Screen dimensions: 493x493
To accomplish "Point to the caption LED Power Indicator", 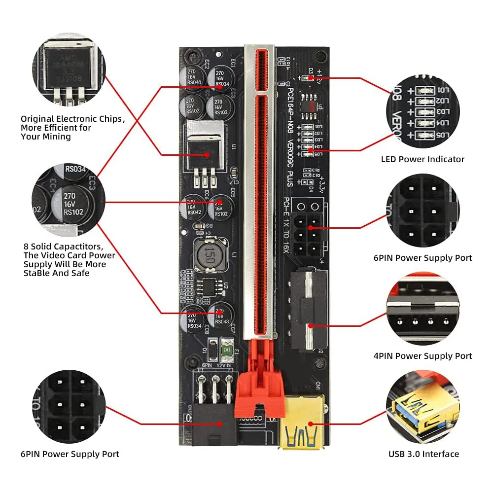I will click(423, 159).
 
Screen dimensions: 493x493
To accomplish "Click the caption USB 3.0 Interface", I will click(423, 454).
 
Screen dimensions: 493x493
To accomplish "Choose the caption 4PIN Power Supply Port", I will click(423, 356).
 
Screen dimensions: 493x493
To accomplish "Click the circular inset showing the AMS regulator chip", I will click(69, 70).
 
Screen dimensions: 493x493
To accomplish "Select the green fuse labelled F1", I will click(227, 350).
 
